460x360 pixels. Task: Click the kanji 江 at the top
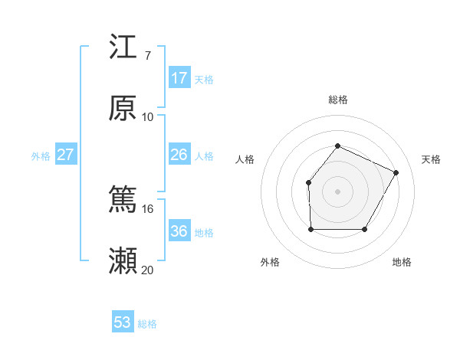(x=123, y=47)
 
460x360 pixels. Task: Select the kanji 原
(x=123, y=109)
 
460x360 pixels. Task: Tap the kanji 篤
(x=123, y=201)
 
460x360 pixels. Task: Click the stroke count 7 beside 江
(x=147, y=55)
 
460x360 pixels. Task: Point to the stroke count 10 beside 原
(x=148, y=116)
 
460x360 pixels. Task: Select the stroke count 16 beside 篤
(x=148, y=208)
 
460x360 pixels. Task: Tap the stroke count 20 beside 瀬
(x=148, y=270)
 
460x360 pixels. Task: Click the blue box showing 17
(x=179, y=78)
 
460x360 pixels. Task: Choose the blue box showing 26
(x=179, y=155)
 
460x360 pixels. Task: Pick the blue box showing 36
(x=179, y=231)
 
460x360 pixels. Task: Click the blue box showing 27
(x=66, y=155)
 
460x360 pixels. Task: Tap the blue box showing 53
(x=123, y=322)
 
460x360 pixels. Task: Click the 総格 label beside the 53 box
(x=148, y=324)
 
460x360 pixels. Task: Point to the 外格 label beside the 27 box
(x=41, y=156)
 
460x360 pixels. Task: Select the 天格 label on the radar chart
(x=431, y=159)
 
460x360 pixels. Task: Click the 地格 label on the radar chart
(x=402, y=262)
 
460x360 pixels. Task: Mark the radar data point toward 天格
(x=396, y=172)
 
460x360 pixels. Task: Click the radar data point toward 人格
(x=308, y=182)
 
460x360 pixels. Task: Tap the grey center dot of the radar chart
(x=337, y=191)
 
